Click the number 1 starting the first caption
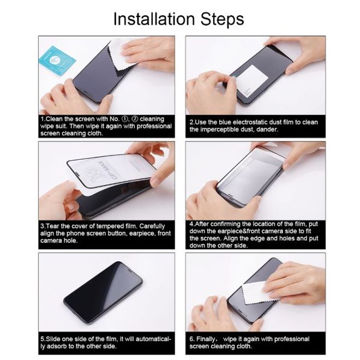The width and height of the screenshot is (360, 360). click(x=41, y=119)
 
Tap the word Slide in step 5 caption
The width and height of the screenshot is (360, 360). click(x=53, y=339)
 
